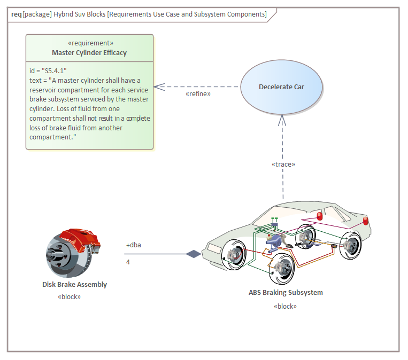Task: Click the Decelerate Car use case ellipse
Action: [x=281, y=87]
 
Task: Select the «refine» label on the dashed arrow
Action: [x=198, y=93]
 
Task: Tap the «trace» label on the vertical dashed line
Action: [x=283, y=164]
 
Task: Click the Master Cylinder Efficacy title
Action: [x=89, y=52]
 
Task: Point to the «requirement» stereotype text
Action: [x=90, y=43]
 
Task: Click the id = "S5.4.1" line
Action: [x=48, y=70]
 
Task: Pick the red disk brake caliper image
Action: [x=80, y=240]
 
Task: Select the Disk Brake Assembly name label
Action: [x=74, y=284]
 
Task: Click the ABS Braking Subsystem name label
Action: [x=286, y=292]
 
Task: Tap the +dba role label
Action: [x=134, y=245]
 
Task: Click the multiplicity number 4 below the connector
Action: [x=128, y=262]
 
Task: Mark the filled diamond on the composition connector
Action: [x=193, y=254]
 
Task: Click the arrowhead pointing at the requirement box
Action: [x=158, y=87]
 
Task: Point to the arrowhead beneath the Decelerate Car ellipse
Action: [x=283, y=121]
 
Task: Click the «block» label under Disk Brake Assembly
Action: [x=69, y=296]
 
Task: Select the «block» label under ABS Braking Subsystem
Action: [x=285, y=306]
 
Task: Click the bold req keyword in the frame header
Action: [x=16, y=14]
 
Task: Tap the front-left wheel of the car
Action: [x=234, y=256]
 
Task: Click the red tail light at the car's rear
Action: [x=366, y=220]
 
